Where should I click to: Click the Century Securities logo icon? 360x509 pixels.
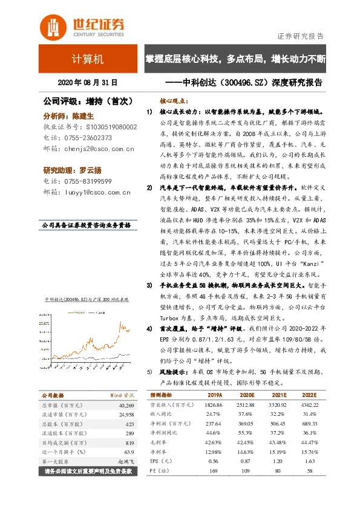click(52, 26)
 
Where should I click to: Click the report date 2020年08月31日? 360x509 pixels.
click(87, 83)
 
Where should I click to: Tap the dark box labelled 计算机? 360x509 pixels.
click(87, 60)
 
